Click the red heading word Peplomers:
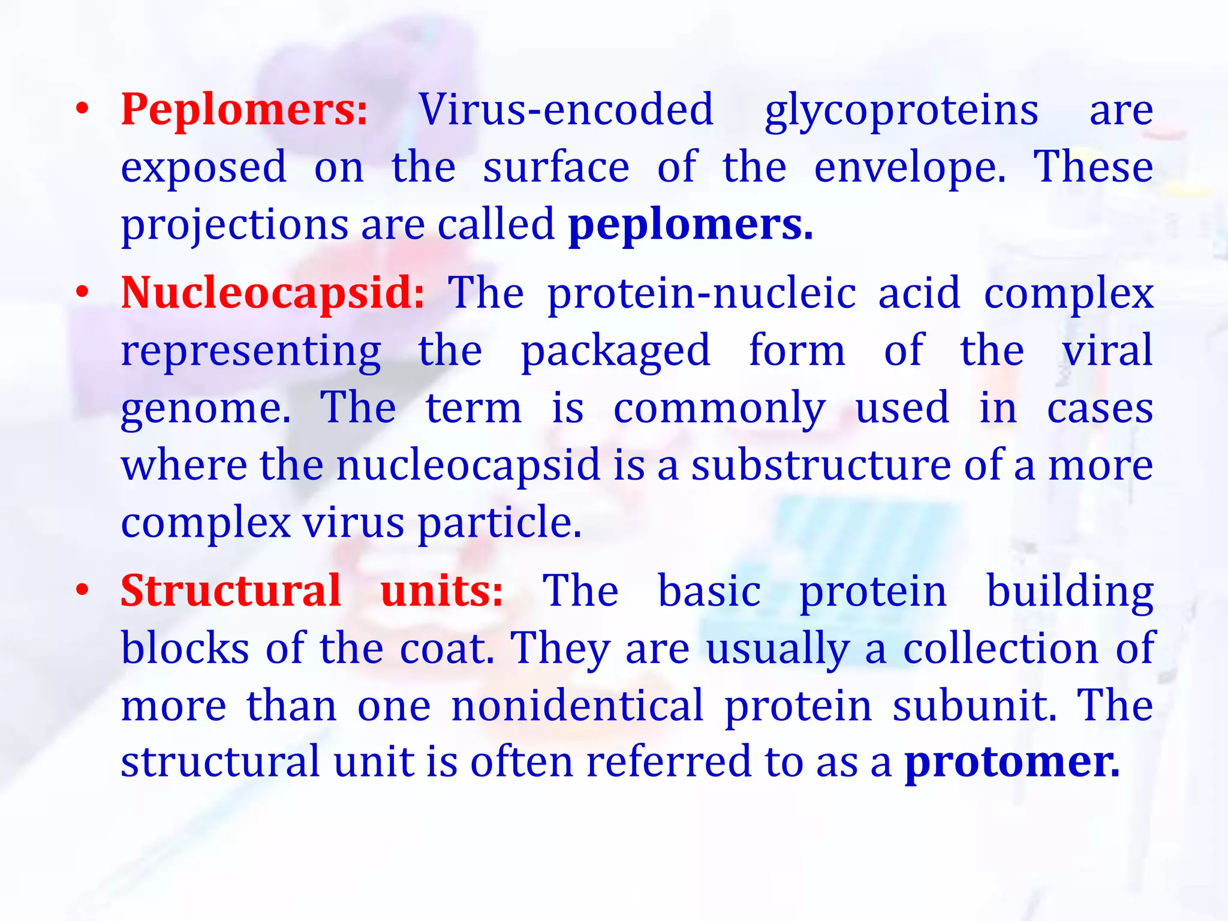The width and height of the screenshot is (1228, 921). pyautogui.click(x=244, y=111)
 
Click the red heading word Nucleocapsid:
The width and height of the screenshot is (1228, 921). pyautogui.click(x=273, y=294)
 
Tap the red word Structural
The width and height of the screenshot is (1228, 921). pyautogui.click(x=231, y=591)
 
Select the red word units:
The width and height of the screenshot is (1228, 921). pyautogui.click(x=442, y=591)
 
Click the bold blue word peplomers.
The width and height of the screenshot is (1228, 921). pyautogui.click(x=690, y=226)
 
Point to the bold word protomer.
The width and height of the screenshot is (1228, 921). pyautogui.click(x=1012, y=763)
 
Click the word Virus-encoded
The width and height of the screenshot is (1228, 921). pyautogui.click(x=566, y=111)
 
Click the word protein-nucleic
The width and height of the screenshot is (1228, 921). pyautogui.click(x=702, y=294)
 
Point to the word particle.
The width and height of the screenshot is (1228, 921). pyautogui.click(x=499, y=523)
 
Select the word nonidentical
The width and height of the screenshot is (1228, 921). pyautogui.click(x=577, y=706)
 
